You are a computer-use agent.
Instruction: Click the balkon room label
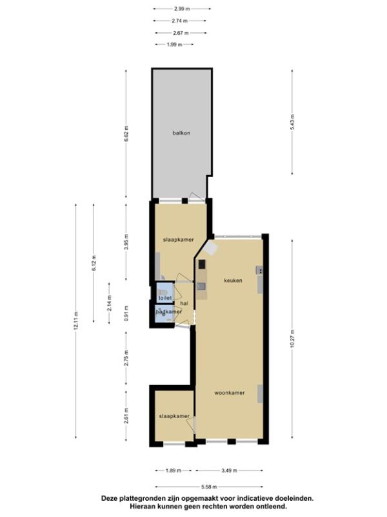click(181, 133)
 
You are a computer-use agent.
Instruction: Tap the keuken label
click(233, 280)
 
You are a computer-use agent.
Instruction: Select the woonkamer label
click(230, 393)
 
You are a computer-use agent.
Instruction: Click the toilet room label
click(165, 298)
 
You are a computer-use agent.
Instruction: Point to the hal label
click(184, 303)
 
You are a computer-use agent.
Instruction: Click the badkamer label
click(168, 311)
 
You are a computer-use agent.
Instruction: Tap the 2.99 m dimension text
click(182, 9)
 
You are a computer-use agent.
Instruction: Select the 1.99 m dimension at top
click(174, 45)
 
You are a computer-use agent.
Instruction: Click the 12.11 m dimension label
click(75, 321)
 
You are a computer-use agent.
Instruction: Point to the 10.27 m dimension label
click(292, 339)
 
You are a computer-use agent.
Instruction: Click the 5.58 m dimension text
click(209, 487)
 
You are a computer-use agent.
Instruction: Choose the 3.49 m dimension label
click(229, 470)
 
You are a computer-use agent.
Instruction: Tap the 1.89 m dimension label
click(173, 470)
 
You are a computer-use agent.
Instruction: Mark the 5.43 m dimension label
click(292, 122)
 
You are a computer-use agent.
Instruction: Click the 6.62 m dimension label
click(126, 134)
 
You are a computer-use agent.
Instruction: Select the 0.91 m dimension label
click(126, 313)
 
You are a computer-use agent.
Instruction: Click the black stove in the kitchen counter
click(201, 264)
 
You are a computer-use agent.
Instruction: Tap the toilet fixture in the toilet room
click(163, 292)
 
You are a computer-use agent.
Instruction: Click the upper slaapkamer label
click(179, 240)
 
